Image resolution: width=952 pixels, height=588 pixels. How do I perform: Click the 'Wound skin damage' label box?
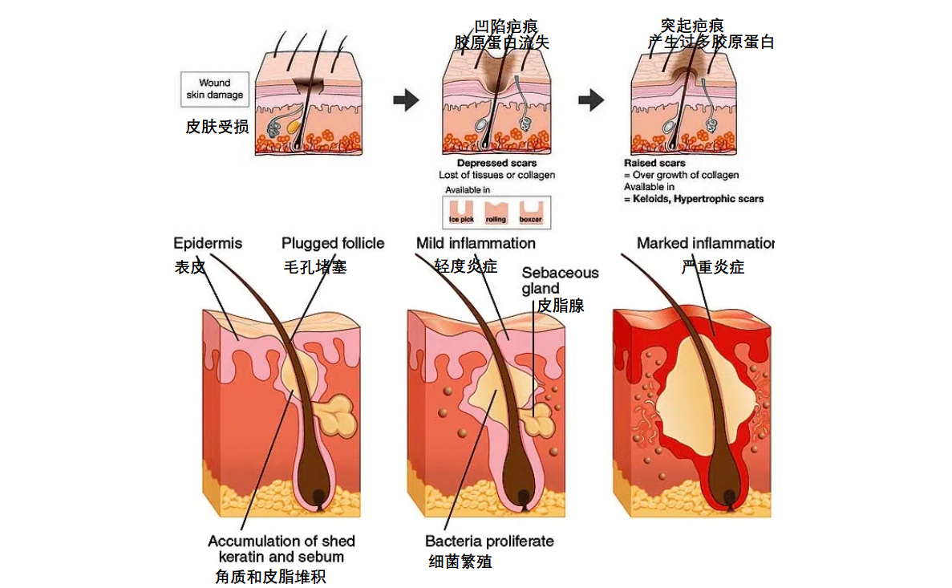coord(214,88)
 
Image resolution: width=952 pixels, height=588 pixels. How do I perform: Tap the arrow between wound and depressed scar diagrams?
coord(405,100)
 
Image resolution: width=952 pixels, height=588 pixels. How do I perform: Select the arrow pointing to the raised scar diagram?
coord(591,100)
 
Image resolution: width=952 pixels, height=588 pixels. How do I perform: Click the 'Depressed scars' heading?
coord(496,164)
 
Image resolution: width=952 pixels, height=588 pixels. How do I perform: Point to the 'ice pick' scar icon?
coord(460,211)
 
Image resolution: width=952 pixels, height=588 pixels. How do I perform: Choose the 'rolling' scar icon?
coord(496,211)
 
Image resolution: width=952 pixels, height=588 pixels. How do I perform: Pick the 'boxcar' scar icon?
coord(531,211)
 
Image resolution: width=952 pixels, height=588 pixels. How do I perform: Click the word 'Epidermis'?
coord(208,243)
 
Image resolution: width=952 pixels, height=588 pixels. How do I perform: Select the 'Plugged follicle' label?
coord(333,243)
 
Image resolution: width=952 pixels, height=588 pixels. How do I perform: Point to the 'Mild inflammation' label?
coord(476,243)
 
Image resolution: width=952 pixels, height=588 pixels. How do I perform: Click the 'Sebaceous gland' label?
coord(560,280)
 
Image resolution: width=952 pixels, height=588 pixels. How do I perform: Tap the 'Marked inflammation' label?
coord(705,243)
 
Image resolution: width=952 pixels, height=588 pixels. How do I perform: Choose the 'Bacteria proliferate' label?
coord(489,541)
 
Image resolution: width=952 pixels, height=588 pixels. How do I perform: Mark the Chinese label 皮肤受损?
coord(217,127)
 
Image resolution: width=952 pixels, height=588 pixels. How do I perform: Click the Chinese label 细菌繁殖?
coord(460,562)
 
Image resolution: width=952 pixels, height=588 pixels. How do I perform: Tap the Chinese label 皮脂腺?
coord(560,306)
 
